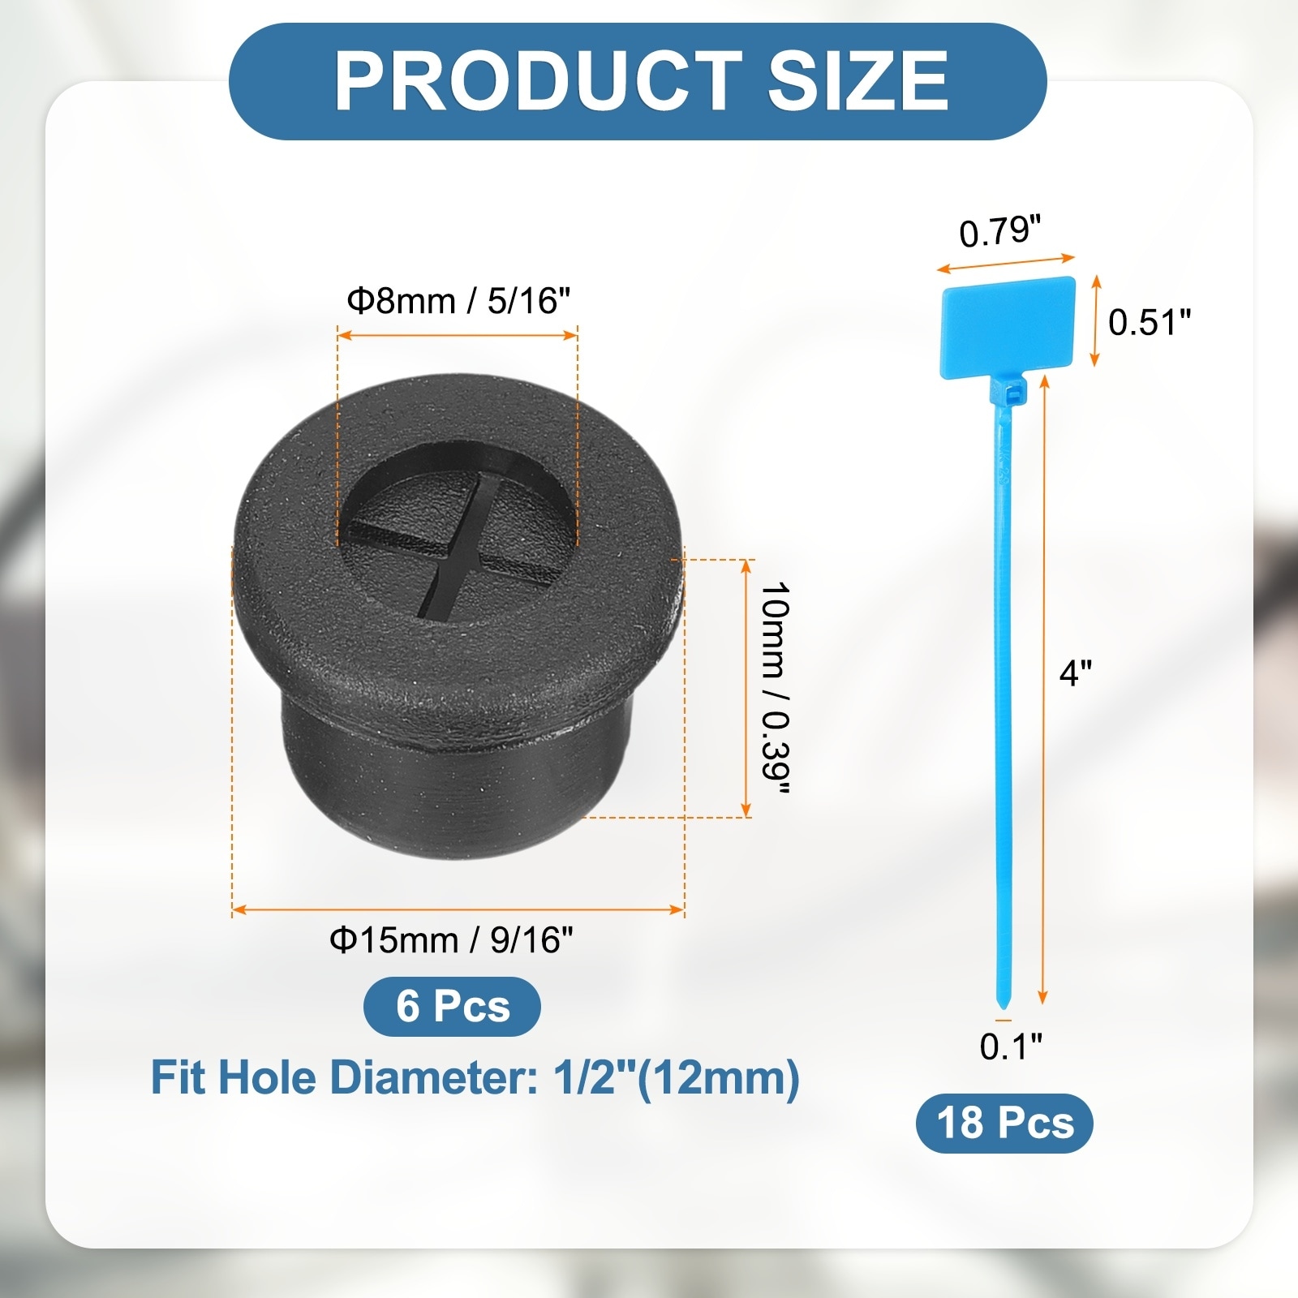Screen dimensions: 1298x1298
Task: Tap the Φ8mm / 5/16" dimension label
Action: click(x=458, y=301)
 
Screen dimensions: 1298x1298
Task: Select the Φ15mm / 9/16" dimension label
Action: click(x=451, y=940)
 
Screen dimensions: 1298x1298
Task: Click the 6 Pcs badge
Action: click(x=452, y=1006)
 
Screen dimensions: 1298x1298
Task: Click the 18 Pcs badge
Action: click(x=1004, y=1124)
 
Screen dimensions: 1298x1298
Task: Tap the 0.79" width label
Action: click(x=999, y=232)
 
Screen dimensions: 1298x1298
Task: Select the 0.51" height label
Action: click(x=1149, y=322)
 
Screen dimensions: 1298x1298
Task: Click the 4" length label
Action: click(x=1075, y=673)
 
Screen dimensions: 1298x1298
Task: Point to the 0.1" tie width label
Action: click(x=1010, y=1047)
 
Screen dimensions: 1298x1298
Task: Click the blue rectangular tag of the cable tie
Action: click(x=1008, y=326)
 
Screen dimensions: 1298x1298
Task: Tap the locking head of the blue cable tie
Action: click(x=1011, y=395)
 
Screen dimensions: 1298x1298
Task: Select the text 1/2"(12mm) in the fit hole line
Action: click(x=677, y=1078)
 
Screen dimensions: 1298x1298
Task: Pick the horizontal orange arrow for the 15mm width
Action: click(x=458, y=910)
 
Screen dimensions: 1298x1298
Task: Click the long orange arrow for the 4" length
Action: click(x=1044, y=690)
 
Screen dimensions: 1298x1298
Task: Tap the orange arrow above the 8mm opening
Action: click(x=458, y=334)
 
